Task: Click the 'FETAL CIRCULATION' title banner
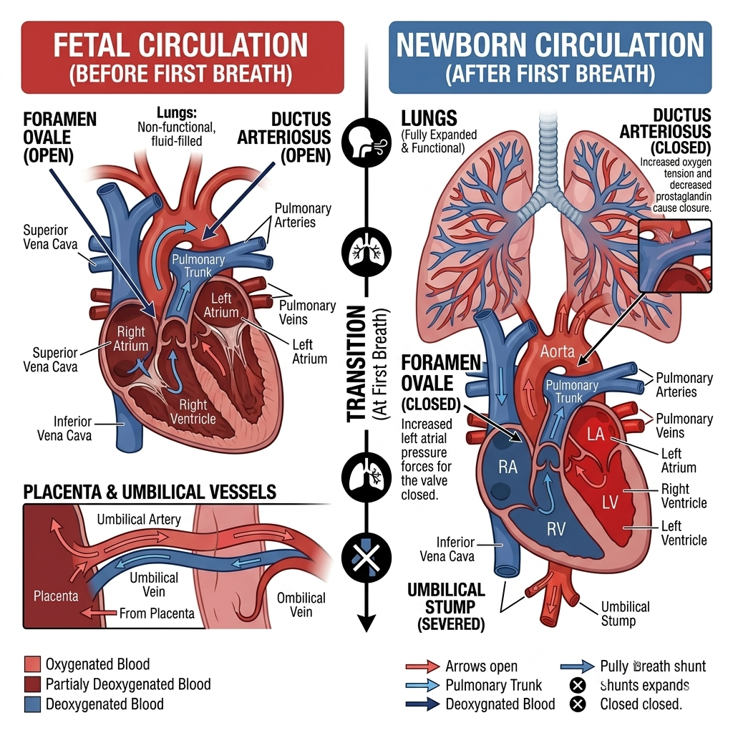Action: coord(182,57)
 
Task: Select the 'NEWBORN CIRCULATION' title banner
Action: coord(550,57)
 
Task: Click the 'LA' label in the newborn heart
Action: coord(596,435)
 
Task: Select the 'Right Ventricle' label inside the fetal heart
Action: coord(193,412)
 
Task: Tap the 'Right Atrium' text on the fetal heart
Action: coord(130,339)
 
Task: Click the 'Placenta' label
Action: coord(56,596)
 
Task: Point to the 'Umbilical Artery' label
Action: coord(139,519)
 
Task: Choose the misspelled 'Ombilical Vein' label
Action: coord(301,605)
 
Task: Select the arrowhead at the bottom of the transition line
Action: coord(366,623)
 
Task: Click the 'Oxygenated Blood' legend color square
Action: coord(32,665)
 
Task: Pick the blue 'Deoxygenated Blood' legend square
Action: coord(32,704)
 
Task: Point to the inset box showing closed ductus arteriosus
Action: coord(674,256)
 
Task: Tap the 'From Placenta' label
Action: coord(156,613)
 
